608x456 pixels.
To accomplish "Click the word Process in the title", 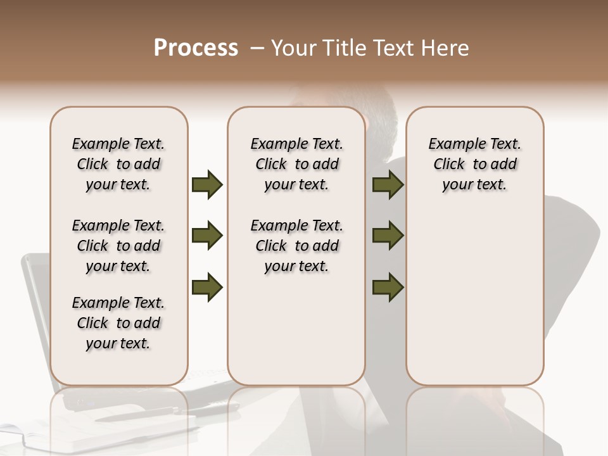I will click(x=196, y=48).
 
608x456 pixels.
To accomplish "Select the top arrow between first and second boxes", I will click(x=207, y=184).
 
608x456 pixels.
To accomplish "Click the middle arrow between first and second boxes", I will click(x=207, y=236).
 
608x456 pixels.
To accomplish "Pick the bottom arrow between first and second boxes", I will click(x=207, y=287).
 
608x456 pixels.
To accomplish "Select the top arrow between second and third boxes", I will click(x=388, y=184).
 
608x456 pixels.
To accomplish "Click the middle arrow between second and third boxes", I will click(x=388, y=236).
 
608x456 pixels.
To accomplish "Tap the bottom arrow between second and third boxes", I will click(x=388, y=287).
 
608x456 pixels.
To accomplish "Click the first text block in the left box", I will click(x=118, y=164).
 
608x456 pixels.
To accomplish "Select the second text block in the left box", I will click(x=118, y=246).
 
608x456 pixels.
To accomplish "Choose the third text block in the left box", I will click(x=118, y=323).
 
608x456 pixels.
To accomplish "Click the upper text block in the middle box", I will click(x=297, y=164).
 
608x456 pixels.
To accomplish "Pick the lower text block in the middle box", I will click(x=297, y=246).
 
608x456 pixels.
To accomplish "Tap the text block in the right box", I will click(x=474, y=164).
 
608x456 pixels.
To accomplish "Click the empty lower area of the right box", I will click(x=474, y=298).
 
